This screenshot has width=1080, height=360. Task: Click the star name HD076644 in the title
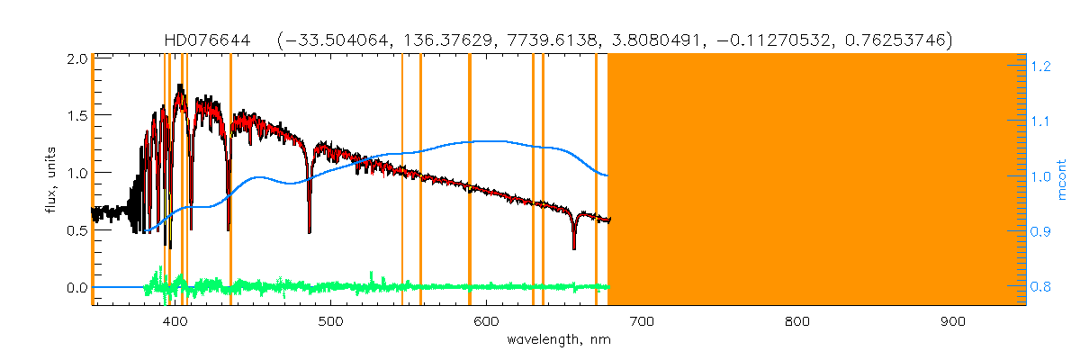click(x=202, y=40)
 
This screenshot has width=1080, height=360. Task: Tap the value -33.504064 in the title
click(x=333, y=40)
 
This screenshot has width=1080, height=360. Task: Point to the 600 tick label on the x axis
click(x=486, y=321)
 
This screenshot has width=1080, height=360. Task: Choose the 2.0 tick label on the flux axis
click(x=76, y=58)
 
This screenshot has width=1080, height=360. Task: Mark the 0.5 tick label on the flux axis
click(x=76, y=230)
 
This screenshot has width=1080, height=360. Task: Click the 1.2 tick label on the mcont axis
click(x=1041, y=66)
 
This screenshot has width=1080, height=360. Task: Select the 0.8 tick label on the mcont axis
click(x=1041, y=287)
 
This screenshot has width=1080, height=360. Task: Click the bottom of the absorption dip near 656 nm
click(x=573, y=247)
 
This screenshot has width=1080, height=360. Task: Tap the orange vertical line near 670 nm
click(x=596, y=180)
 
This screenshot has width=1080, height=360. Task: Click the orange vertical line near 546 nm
click(x=402, y=180)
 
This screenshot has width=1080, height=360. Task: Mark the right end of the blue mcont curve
click(x=607, y=175)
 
